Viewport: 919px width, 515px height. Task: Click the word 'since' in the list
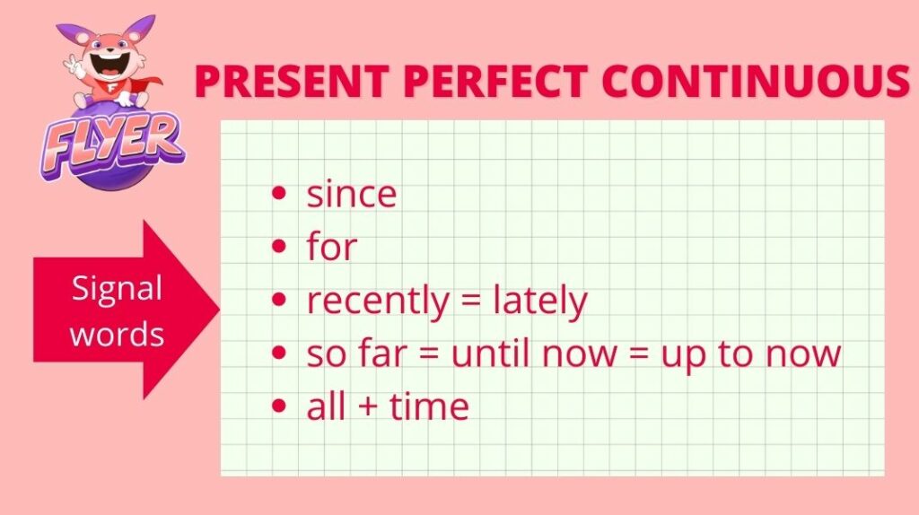click(x=352, y=194)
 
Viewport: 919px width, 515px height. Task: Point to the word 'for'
click(x=332, y=246)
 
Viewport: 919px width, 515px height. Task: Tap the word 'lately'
click(x=539, y=301)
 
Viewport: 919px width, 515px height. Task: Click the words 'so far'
click(x=356, y=354)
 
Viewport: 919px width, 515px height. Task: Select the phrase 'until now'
click(x=534, y=354)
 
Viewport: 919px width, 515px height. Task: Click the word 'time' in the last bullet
click(x=429, y=406)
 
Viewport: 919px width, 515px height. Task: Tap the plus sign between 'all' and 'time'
click(x=367, y=407)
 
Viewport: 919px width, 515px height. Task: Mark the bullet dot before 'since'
click(x=280, y=193)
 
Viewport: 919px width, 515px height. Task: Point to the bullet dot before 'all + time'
click(x=280, y=406)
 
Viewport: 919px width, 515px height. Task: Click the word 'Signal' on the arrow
click(x=117, y=290)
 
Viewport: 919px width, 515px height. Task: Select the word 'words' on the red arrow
click(x=117, y=335)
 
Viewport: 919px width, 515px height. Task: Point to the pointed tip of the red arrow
click(x=219, y=310)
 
